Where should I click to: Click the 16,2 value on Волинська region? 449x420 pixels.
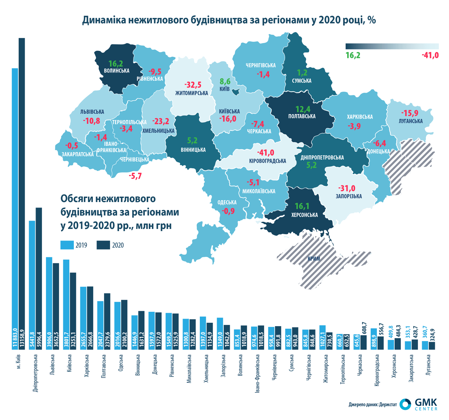pos(116,64)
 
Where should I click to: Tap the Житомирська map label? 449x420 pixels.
pos(192,93)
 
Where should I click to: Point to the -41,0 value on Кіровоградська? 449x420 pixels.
pos(266,153)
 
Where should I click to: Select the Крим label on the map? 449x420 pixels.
pos(314,258)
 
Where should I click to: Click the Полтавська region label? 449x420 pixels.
pos(302,116)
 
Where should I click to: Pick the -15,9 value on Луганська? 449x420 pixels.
pos(410,113)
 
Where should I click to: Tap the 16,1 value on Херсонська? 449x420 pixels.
pos(302,206)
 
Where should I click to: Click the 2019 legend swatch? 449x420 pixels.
pos(67,245)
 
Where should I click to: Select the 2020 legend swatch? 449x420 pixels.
pos(103,245)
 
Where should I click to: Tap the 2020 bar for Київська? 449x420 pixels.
pos(73,311)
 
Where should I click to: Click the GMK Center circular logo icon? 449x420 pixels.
pos(405,404)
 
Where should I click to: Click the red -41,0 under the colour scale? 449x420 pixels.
pos(430,55)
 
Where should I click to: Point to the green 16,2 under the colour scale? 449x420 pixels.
pos(353,55)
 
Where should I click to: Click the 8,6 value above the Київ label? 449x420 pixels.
pos(225,81)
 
